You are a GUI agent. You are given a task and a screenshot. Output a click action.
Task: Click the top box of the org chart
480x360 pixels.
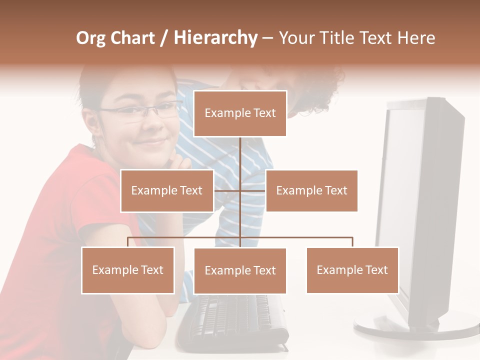240,113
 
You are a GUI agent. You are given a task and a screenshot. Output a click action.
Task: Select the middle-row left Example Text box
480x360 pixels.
166,190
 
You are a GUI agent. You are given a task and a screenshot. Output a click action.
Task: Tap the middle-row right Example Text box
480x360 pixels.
311,190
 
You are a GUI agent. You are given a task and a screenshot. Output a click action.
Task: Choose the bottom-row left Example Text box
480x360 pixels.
127,270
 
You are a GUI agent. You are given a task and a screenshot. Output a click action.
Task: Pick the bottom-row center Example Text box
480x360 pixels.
240,270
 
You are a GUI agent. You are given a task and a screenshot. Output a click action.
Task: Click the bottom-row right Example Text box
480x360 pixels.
352,270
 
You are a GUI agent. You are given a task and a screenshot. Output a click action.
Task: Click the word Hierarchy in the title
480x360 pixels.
215,38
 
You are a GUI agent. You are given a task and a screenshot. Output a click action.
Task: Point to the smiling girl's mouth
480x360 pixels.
150,142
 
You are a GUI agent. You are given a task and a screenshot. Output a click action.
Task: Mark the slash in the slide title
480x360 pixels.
164,38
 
